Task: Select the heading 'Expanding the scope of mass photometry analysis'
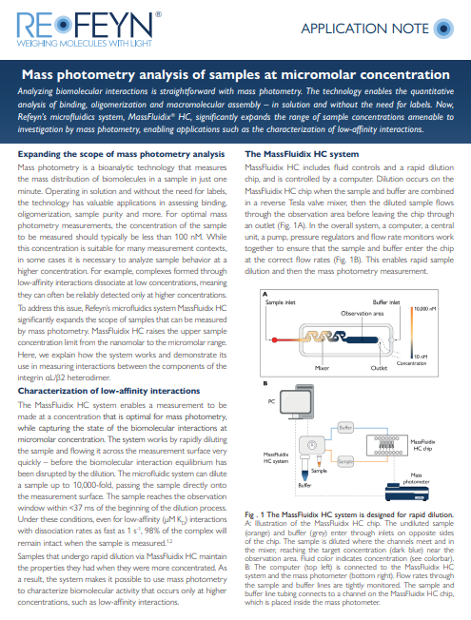[120, 154]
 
